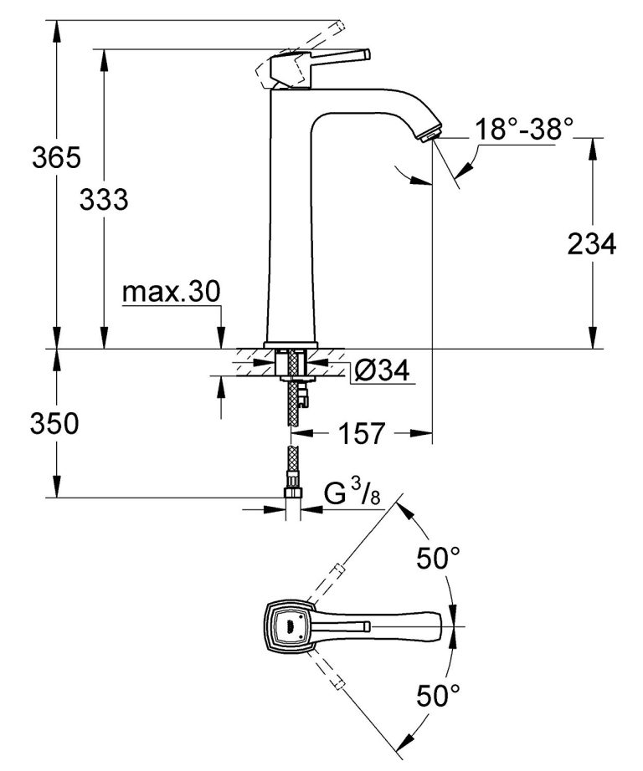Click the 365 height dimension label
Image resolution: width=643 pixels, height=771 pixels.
click(55, 156)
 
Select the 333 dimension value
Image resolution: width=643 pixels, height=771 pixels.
click(104, 200)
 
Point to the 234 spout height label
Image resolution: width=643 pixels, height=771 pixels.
click(592, 244)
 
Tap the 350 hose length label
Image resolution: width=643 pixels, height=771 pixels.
click(55, 424)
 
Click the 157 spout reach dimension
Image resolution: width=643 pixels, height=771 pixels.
click(363, 434)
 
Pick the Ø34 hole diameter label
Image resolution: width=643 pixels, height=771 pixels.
click(381, 371)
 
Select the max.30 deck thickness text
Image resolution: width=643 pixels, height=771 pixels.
click(171, 292)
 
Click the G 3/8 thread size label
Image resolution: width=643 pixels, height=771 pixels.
click(352, 496)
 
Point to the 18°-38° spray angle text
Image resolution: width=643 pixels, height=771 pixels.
click(524, 129)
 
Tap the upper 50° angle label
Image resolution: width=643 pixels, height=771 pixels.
click(440, 558)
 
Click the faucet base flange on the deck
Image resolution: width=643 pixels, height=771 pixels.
click(291, 345)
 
